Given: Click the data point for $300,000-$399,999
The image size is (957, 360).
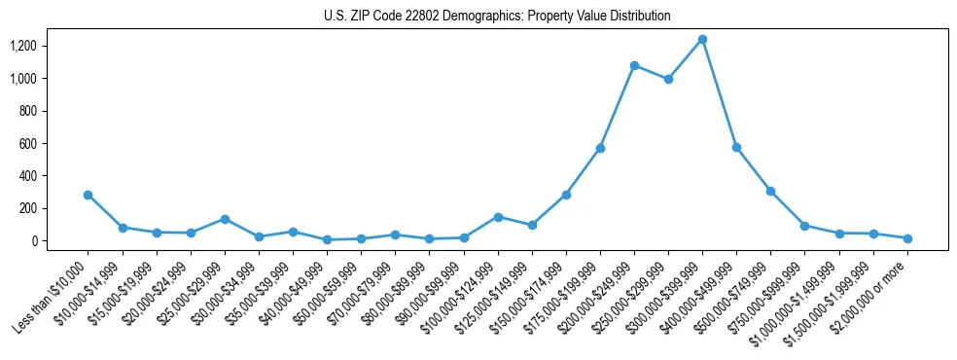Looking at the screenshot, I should [x=702, y=40].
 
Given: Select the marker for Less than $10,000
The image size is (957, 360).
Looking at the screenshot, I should [x=89, y=195].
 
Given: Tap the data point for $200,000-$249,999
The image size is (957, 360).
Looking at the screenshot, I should [x=634, y=66].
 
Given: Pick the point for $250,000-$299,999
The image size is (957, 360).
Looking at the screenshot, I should [x=668, y=80].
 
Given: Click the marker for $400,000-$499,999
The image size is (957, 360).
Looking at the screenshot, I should [x=736, y=148].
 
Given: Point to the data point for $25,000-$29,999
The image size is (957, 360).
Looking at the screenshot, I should [x=225, y=219].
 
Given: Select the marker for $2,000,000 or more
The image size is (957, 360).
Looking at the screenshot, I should [x=906, y=238].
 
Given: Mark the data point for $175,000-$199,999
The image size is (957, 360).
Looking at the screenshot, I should [x=600, y=148].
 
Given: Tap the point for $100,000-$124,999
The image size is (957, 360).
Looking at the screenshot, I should [x=498, y=217].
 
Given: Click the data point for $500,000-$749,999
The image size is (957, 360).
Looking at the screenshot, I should [x=770, y=191].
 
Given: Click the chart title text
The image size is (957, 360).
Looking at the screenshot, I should [x=497, y=17].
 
